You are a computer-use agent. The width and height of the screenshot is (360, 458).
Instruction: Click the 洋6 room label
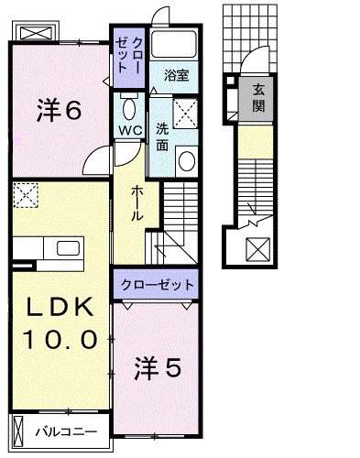(x=60, y=111)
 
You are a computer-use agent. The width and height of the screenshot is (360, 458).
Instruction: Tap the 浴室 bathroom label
(x=176, y=76)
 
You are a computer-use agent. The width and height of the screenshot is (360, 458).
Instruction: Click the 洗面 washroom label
(x=161, y=135)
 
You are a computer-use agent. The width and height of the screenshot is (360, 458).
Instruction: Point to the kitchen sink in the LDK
(x=70, y=249)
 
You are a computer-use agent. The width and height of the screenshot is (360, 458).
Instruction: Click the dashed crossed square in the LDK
(x=26, y=195)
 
